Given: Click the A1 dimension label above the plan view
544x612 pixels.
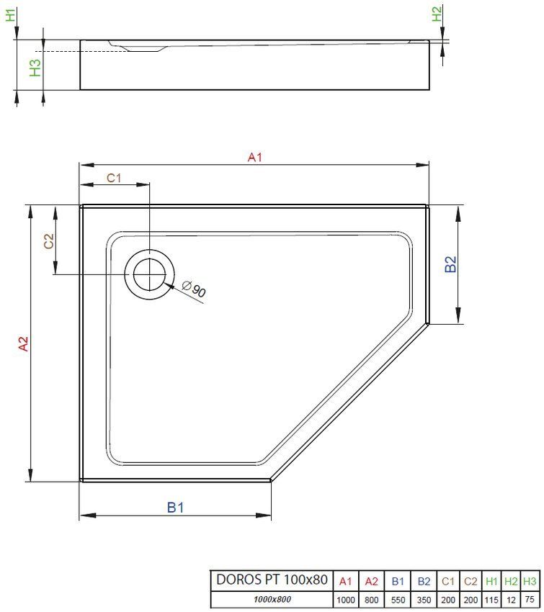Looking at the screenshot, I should [254, 157].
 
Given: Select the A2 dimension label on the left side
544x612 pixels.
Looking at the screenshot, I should [23, 344].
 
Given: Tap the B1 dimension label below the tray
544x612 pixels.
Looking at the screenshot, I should [176, 508].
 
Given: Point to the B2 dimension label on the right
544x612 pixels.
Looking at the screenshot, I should [450, 264].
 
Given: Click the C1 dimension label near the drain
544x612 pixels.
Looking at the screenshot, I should [115, 177].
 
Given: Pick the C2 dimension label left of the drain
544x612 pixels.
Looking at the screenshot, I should [48, 242].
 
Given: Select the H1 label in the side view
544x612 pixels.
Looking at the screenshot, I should [9, 14].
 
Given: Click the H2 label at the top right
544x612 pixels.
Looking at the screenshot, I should [436, 14].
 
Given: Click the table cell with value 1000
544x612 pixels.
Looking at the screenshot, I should [345, 599].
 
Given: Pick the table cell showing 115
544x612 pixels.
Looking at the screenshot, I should [491, 599].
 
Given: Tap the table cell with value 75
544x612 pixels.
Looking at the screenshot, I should [530, 599].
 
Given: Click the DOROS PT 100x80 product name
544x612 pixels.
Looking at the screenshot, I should [272, 580].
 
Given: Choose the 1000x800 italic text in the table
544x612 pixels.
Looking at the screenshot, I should [272, 599].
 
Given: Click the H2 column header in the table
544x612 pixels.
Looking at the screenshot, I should [511, 580].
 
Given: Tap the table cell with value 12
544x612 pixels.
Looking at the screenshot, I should [511, 599].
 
